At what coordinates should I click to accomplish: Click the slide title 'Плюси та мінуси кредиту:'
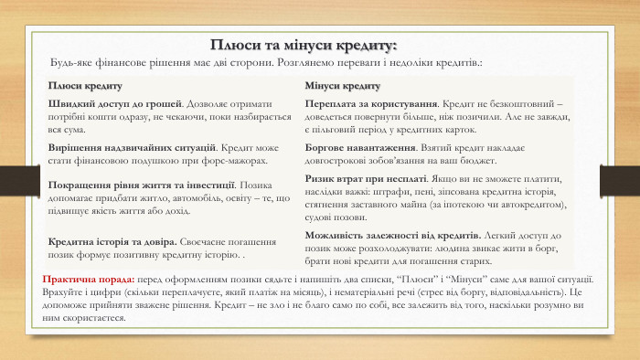tap(304, 45)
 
